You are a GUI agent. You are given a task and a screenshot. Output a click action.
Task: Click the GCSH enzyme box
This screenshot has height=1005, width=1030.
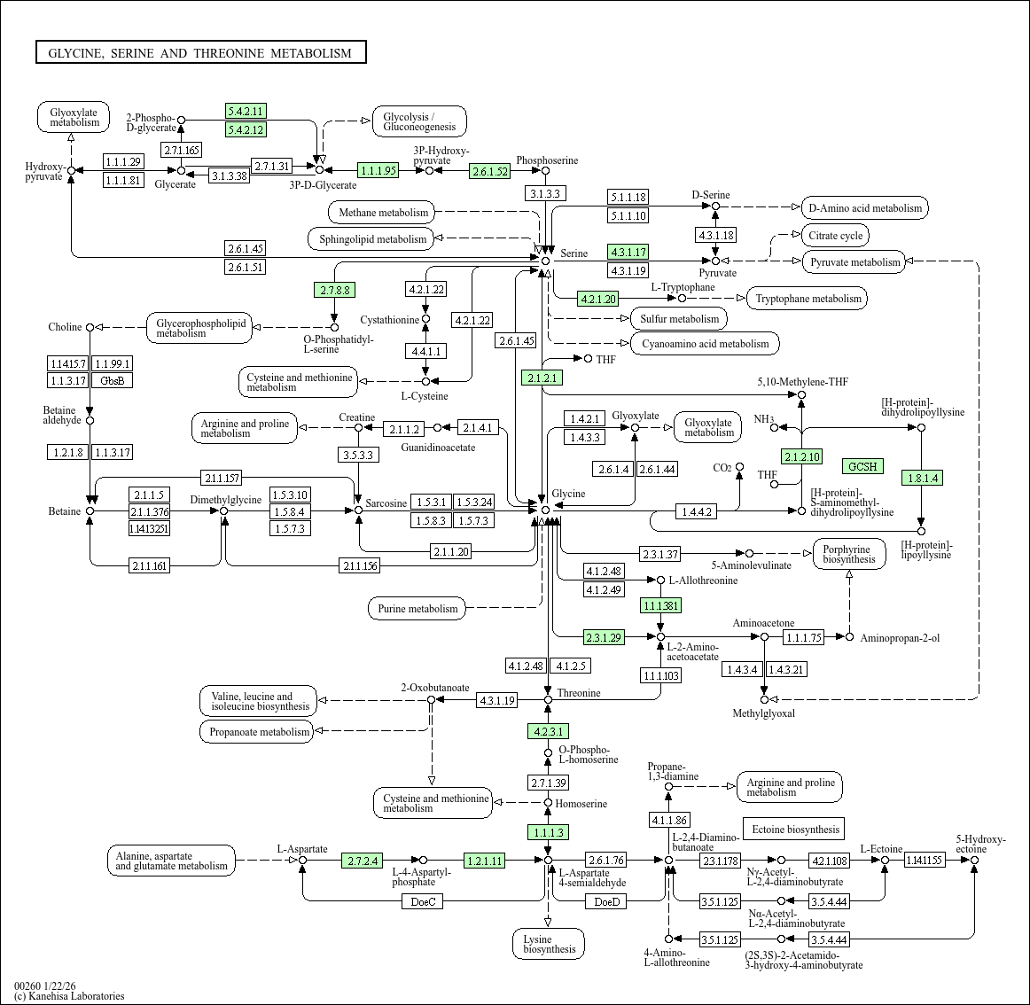pos(862,466)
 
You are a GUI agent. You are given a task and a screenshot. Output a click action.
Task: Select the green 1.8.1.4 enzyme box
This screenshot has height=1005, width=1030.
pos(921,478)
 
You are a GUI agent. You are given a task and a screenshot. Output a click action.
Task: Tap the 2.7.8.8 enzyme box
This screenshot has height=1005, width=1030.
pos(334,290)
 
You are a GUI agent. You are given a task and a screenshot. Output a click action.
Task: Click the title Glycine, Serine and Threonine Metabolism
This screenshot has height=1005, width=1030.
pos(200,53)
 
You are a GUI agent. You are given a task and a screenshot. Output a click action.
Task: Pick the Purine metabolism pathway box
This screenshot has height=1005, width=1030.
pos(417,609)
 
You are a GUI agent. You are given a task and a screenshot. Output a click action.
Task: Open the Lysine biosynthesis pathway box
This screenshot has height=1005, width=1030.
pos(549,944)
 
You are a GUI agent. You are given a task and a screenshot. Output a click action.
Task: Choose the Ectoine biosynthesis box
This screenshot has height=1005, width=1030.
pos(793,830)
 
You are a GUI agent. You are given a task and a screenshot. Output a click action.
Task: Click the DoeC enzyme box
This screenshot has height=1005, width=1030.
pos(423,901)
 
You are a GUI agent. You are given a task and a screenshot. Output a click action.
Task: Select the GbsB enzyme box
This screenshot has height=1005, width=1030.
pos(113,380)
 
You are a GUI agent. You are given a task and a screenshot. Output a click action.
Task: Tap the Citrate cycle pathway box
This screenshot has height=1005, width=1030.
pos(835,236)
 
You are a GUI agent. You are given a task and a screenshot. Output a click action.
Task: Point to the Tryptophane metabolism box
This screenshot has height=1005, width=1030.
pos(808,299)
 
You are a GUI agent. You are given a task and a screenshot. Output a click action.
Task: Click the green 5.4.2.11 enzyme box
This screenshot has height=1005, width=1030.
pos(246,111)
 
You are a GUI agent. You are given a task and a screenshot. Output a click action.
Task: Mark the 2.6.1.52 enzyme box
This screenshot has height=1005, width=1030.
pos(490,171)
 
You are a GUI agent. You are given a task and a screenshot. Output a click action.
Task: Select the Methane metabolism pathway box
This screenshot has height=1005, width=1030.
pos(383,213)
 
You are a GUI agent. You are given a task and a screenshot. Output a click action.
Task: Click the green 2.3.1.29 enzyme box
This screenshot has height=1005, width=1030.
pos(604,637)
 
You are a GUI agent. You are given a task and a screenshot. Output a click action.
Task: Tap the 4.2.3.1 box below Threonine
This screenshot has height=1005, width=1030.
pos(548,731)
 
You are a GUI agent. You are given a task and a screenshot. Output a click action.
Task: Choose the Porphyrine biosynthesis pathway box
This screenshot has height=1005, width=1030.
pos(848,554)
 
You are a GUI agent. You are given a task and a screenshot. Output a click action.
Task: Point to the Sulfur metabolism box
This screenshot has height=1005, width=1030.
pos(679,319)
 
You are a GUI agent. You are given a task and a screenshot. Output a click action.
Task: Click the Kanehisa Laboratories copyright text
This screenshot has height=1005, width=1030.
pos(70,996)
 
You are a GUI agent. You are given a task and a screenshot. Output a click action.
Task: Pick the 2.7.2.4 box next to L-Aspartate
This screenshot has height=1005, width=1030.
pos(363,861)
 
